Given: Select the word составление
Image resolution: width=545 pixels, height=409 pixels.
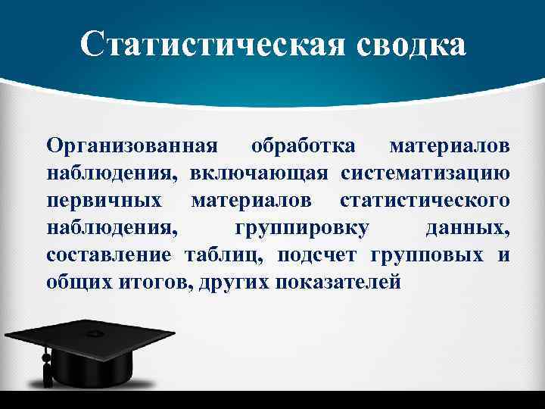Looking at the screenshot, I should (109, 255).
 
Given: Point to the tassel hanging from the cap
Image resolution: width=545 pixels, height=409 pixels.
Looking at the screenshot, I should (46, 367).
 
